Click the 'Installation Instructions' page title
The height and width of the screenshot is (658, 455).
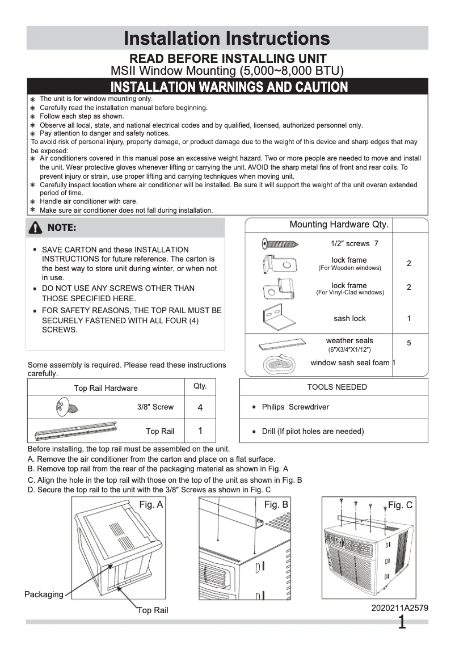tap(227, 38)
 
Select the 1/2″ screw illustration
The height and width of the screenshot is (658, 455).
tap(280, 244)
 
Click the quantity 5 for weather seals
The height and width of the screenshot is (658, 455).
tap(409, 343)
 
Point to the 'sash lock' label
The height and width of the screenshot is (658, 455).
tap(349, 318)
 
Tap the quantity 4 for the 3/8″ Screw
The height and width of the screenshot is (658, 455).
tap(200, 407)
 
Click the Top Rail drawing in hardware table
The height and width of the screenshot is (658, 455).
tap(75, 431)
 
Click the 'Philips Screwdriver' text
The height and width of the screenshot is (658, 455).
tap(295, 407)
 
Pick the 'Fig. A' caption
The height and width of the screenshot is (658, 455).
tap(151, 504)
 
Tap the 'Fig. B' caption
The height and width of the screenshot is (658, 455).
tap(276, 504)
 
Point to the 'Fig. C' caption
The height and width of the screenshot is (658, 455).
tap(400, 505)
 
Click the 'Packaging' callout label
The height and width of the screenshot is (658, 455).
tap(44, 594)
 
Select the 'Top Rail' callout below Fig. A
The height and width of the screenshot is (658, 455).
tap(153, 610)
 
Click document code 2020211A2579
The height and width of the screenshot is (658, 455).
tap(399, 608)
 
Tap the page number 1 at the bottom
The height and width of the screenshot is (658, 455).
tap(402, 623)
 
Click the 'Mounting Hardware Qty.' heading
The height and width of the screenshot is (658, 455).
tap(339, 225)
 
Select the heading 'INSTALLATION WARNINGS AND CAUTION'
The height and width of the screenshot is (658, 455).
tap(229, 87)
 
